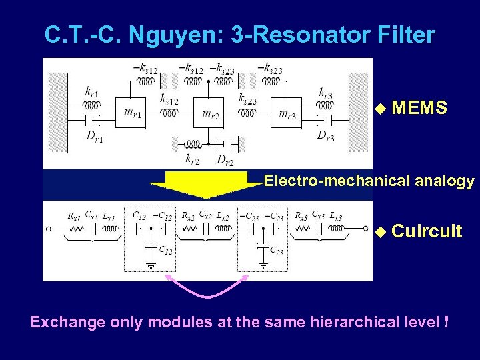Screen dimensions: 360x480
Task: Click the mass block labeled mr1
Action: [133, 113]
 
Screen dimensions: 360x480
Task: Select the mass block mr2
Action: [212, 114]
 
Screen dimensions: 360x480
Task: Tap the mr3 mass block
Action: [291, 113]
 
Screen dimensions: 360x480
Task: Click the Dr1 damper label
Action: [94, 137]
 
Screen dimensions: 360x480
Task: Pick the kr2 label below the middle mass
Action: [192, 159]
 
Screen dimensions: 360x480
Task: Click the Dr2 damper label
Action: [225, 159]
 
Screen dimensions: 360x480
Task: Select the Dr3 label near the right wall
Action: [325, 137]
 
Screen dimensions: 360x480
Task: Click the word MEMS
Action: [419, 108]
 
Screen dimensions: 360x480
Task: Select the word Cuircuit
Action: [427, 231]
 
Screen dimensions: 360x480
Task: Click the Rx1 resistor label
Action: [74, 216]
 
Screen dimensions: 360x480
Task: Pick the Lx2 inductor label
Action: [223, 216]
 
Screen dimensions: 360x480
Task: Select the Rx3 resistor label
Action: [301, 216]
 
